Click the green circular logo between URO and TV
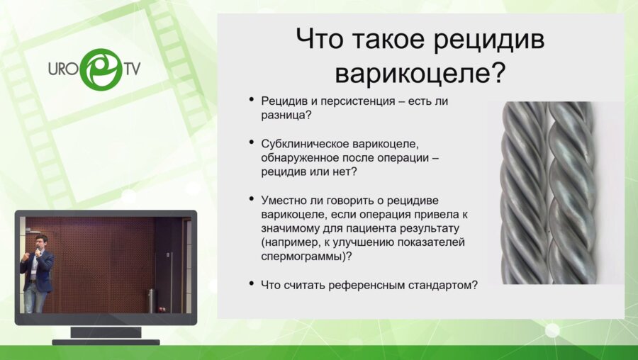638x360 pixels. pyautogui.click(x=101, y=69)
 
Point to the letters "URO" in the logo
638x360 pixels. pyautogui.click(x=63, y=70)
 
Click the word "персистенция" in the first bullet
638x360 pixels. pyautogui.click(x=361, y=101)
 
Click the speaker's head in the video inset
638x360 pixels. pyautogui.click(x=41, y=242)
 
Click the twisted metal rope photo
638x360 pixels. pyautogui.click(x=548, y=192)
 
